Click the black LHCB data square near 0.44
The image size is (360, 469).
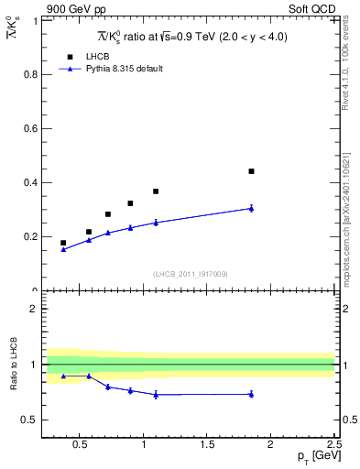click(251, 171)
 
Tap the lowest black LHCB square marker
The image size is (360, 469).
click(63, 243)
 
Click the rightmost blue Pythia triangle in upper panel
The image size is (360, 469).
click(251, 208)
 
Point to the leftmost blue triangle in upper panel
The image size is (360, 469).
click(63, 249)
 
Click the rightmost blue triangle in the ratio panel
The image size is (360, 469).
click(251, 394)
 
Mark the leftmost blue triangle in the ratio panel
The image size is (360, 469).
click(63, 376)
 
